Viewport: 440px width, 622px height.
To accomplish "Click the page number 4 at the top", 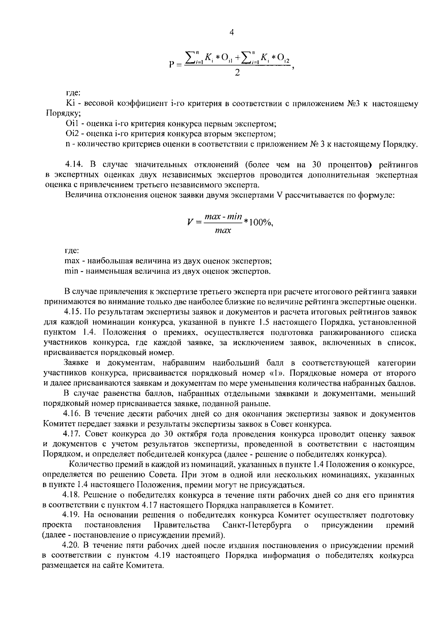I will tap(231, 32).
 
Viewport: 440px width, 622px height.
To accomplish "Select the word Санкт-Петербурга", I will tap(257, 525).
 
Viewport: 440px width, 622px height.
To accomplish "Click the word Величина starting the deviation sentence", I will tap(81, 195).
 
